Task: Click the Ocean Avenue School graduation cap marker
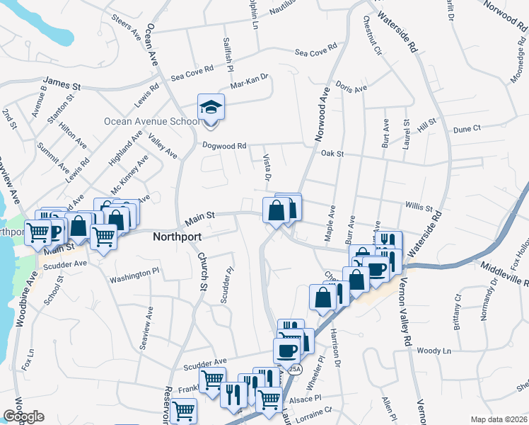(211, 107)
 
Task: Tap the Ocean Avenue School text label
(151, 121)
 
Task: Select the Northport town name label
(178, 237)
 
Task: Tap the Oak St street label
(332, 153)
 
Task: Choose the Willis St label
(419, 208)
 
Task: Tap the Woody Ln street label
(434, 351)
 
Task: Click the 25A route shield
(295, 369)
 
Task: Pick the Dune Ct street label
(467, 128)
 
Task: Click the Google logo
(24, 416)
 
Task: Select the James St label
(62, 84)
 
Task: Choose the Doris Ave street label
(351, 88)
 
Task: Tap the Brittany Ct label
(458, 313)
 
